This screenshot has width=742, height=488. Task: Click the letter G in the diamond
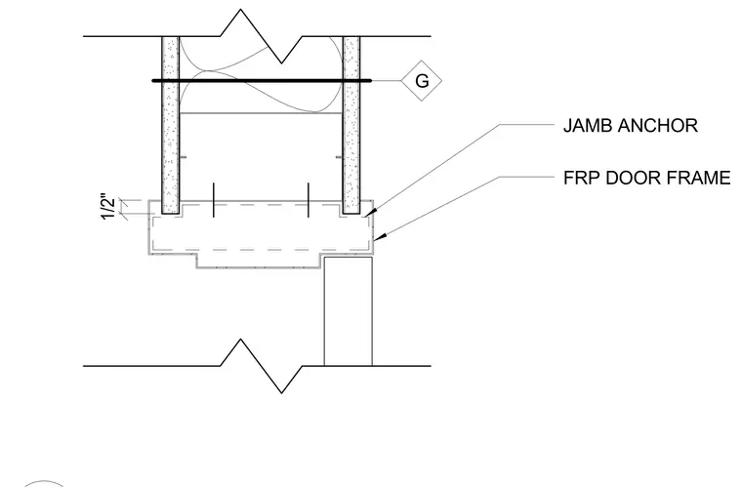tap(422, 81)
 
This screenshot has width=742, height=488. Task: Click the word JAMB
tap(588, 126)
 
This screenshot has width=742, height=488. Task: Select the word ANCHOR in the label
tap(658, 126)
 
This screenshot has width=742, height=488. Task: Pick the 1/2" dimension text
tap(108, 207)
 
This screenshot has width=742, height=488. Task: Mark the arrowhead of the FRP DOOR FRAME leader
tap(379, 236)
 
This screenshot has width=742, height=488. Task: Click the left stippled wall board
tap(170, 125)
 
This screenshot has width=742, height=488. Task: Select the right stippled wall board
tap(351, 125)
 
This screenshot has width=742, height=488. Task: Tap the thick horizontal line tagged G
tap(262, 81)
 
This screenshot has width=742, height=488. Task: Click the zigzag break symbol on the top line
tap(262, 36)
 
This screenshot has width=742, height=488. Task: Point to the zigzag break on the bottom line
tap(262, 366)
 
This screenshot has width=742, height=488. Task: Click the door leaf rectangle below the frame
tap(348, 311)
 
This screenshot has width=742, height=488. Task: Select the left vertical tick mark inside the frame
tap(214, 200)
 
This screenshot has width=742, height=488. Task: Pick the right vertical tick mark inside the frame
tap(309, 200)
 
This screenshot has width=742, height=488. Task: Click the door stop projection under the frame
tap(261, 262)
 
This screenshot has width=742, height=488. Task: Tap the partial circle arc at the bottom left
tap(44, 483)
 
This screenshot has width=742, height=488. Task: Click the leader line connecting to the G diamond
tap(387, 81)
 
